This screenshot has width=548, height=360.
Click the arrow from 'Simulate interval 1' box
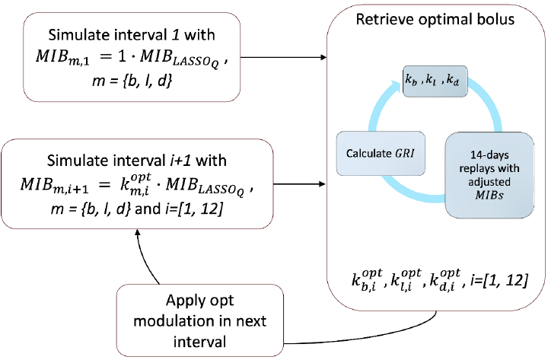tap(290, 57)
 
